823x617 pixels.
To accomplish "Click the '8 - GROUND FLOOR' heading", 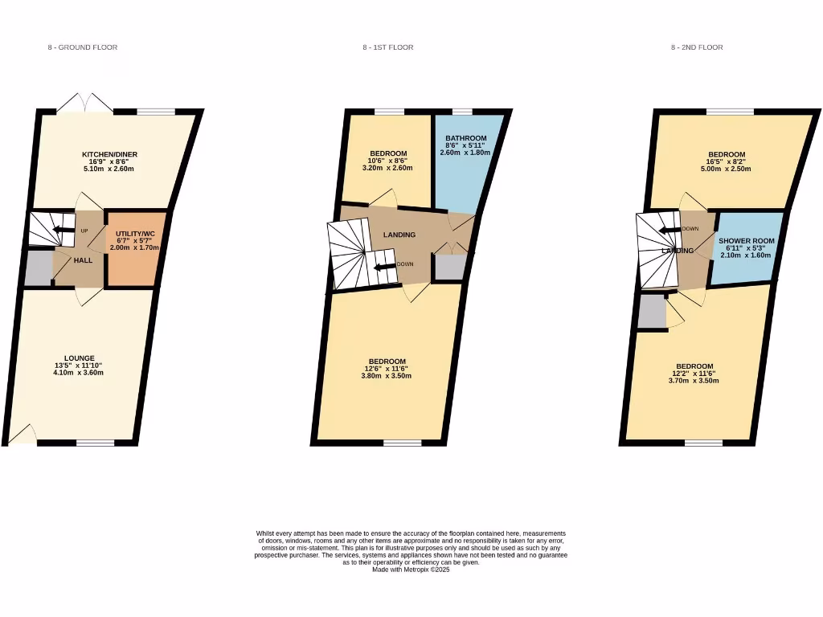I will point(83,47).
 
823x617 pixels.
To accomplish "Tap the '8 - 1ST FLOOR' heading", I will point(387,47).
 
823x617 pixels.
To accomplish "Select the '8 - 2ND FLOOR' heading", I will point(697,47).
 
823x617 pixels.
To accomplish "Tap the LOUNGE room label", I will point(80,358).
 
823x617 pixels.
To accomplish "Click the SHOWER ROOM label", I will point(746,241).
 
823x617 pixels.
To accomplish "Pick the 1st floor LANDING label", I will point(399,235).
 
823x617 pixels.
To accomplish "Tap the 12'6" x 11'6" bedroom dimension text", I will point(388,369).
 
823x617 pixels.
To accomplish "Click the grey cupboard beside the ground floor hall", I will point(38,268).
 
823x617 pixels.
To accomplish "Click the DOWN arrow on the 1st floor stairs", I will point(385,264).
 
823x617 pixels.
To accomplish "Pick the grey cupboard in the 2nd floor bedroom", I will point(652,313).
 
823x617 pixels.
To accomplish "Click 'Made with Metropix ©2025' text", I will point(411,570).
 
